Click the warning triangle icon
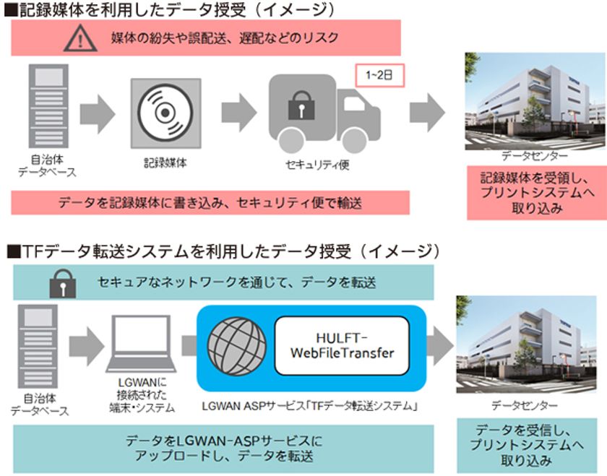80,38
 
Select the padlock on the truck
298,108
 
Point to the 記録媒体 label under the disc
165,163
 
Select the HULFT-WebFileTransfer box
342,345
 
